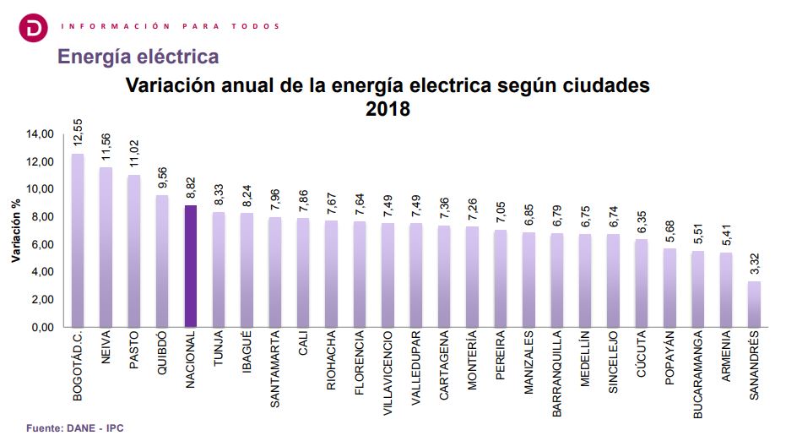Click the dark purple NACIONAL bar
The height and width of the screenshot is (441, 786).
191,266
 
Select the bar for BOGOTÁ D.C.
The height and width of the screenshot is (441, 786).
78,241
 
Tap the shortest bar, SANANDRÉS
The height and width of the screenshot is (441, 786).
754,304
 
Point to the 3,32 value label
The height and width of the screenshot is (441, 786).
754,264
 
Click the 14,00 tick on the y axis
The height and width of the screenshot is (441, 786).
40,134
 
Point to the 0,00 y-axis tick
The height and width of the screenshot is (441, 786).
42,327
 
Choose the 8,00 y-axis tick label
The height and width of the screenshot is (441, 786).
42,217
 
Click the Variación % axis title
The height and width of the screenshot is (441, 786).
15,231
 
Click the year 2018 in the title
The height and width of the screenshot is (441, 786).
388,109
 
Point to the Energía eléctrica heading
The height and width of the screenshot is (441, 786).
138,57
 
